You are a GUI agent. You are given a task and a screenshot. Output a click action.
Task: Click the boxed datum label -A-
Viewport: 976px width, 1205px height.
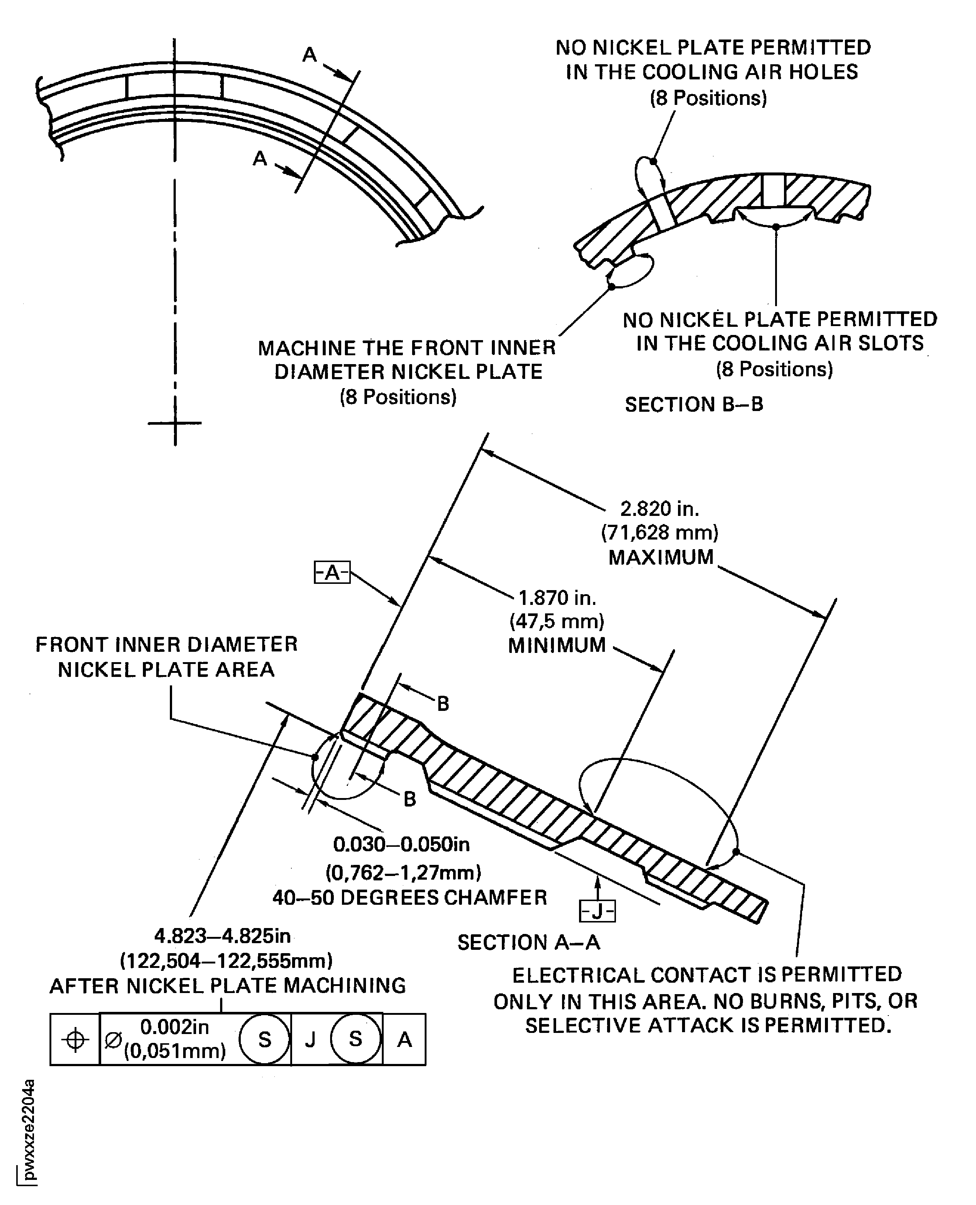(x=332, y=572)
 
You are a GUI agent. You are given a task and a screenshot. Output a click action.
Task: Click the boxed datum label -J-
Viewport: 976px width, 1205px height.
(x=597, y=911)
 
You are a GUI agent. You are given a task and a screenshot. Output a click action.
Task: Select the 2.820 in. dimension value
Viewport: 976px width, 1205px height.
(x=660, y=509)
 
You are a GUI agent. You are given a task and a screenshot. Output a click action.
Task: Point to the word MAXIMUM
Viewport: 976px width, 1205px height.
(x=661, y=557)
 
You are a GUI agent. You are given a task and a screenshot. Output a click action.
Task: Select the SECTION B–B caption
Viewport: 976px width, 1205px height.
(x=694, y=404)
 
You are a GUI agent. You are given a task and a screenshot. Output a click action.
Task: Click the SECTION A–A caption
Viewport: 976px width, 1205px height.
(x=528, y=942)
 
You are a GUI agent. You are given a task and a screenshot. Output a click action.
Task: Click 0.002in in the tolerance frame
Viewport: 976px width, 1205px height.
(x=174, y=1027)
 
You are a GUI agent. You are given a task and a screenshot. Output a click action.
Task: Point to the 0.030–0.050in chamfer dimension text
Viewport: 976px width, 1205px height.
(x=401, y=845)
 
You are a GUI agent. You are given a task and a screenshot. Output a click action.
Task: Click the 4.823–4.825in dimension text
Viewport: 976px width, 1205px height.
(x=223, y=936)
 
